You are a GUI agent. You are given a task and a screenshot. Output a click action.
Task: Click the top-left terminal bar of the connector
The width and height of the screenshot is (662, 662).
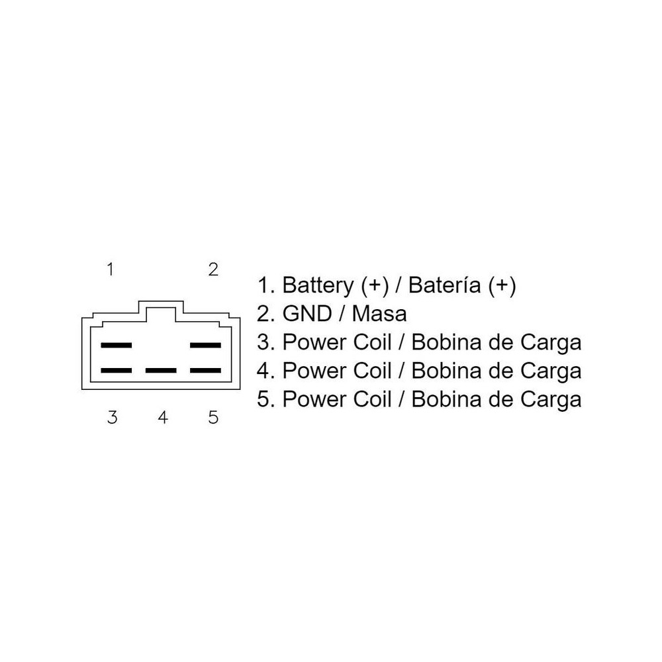[x=116, y=346]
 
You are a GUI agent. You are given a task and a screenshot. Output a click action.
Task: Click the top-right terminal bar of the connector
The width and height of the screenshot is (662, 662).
[x=205, y=346]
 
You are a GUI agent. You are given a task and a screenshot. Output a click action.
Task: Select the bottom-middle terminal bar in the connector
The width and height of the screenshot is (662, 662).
[x=161, y=371]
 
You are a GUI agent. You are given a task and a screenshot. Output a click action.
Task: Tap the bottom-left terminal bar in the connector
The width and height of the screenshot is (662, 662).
[x=116, y=371]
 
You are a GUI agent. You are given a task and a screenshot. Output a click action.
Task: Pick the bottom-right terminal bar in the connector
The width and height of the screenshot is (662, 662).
[x=205, y=371]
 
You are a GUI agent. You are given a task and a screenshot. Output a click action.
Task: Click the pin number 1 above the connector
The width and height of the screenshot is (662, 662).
[x=111, y=269]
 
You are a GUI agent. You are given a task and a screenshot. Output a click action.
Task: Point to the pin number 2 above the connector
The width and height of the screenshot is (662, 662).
[x=213, y=269]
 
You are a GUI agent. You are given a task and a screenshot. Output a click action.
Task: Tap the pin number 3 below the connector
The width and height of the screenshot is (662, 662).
[x=113, y=418]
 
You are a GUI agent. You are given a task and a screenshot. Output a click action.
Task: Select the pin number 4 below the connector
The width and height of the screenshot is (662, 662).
[x=163, y=418]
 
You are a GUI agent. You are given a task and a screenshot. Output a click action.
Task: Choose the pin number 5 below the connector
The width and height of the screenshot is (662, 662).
[x=213, y=418]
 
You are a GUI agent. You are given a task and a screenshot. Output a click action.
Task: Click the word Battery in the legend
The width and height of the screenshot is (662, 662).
[x=318, y=286]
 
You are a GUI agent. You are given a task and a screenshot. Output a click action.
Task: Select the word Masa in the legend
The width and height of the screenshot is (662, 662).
[x=379, y=314]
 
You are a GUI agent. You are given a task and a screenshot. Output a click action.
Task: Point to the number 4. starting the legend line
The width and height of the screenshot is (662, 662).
[x=266, y=371]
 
